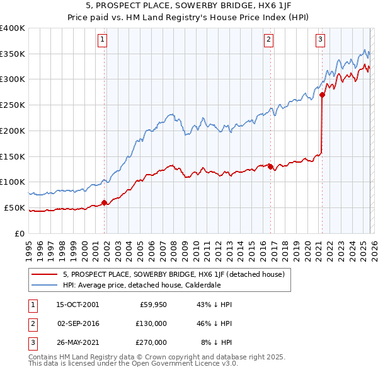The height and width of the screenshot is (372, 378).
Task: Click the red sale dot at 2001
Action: click(105, 202)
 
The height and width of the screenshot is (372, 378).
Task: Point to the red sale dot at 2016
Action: click(270, 166)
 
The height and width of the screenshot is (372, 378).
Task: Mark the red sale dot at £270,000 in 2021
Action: click(322, 95)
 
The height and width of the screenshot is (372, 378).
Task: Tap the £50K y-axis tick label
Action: click(15, 207)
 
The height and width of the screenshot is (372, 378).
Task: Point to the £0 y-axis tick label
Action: click(20, 233)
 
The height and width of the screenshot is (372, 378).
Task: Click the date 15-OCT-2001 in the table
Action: click(77, 305)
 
